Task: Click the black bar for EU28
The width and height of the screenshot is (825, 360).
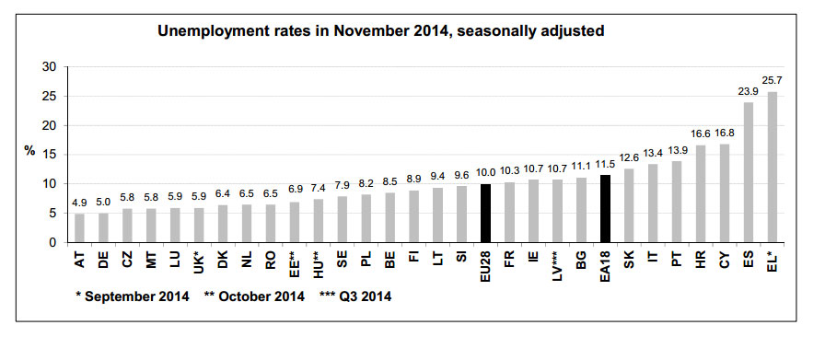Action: click(x=485, y=214)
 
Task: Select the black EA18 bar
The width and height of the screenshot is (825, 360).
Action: click(x=605, y=209)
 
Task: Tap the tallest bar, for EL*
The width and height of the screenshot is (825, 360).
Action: click(x=772, y=168)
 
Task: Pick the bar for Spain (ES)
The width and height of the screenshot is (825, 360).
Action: click(x=749, y=172)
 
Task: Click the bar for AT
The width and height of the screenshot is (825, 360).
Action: click(x=79, y=228)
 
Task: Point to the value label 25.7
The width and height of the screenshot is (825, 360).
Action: click(x=773, y=81)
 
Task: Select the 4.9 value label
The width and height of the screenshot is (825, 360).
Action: click(x=79, y=203)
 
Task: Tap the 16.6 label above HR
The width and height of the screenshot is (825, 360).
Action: click(x=701, y=134)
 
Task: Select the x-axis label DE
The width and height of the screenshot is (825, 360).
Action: click(x=103, y=260)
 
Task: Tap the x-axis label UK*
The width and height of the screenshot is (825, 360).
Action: click(x=199, y=261)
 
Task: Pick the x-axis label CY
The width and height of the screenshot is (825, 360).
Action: click(x=725, y=260)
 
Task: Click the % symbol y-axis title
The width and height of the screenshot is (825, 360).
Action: click(x=29, y=151)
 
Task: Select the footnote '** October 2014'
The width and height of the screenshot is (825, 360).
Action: click(x=255, y=296)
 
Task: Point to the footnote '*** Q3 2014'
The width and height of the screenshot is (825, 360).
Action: click(x=355, y=296)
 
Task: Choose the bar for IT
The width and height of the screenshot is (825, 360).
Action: click(x=653, y=203)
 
